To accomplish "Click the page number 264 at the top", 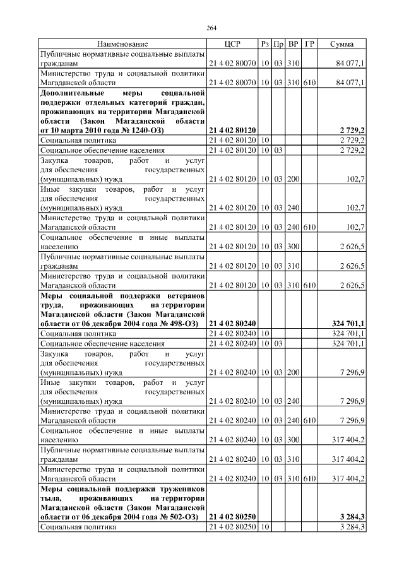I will (x=211, y=28).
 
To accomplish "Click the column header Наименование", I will (x=122, y=44).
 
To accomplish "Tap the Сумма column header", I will (x=342, y=44).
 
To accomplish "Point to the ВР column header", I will (x=294, y=44).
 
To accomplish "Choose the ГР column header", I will (x=309, y=44).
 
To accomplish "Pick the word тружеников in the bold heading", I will (x=181, y=489).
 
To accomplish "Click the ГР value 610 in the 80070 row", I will (x=309, y=82).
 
